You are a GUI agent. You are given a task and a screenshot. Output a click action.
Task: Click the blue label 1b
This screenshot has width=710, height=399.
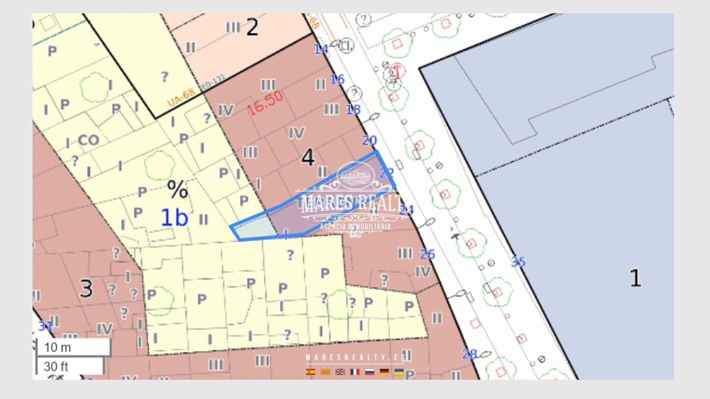tap(174, 218)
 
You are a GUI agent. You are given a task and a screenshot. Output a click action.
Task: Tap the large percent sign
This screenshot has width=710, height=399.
tap(177, 190)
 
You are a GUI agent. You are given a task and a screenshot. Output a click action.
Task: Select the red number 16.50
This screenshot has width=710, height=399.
tap(265, 103)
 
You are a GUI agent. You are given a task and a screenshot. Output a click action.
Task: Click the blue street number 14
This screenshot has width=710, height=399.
tap(321, 49)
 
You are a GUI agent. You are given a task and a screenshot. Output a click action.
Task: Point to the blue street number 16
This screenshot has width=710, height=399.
tap(337, 79)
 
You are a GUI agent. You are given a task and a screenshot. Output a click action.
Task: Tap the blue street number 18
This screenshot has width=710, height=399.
tap(353, 109)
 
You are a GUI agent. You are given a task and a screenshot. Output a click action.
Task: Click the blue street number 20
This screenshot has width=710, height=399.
tap(369, 140)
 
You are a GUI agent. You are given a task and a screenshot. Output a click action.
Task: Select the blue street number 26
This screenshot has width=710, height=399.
tap(427, 254)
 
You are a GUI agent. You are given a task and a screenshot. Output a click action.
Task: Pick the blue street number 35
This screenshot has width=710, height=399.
tap(518, 261)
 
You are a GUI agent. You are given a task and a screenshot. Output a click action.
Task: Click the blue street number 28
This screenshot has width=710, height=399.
tap(469, 354)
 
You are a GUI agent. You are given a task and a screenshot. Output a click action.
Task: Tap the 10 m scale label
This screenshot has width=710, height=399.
tap(58, 347)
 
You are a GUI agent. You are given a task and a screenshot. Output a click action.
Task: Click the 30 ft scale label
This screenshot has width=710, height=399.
tap(56, 366)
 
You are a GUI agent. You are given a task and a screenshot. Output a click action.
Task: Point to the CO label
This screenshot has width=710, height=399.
tap(89, 140)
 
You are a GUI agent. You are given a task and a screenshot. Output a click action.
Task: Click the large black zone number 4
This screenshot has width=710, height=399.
tap(308, 157)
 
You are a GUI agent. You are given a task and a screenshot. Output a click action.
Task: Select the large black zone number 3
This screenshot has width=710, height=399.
tap(86, 288)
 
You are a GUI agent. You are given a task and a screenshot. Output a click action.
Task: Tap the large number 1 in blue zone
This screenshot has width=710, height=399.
tap(635, 278)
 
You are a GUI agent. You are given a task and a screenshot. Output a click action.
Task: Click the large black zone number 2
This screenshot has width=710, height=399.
tap(252, 27)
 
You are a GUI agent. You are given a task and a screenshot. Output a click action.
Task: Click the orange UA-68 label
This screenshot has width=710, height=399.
tap(180, 98)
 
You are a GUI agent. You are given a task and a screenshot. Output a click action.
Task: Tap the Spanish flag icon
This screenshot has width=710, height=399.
tap(311, 372)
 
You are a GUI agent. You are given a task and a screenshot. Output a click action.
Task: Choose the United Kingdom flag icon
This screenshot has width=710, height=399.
tap(340, 372)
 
